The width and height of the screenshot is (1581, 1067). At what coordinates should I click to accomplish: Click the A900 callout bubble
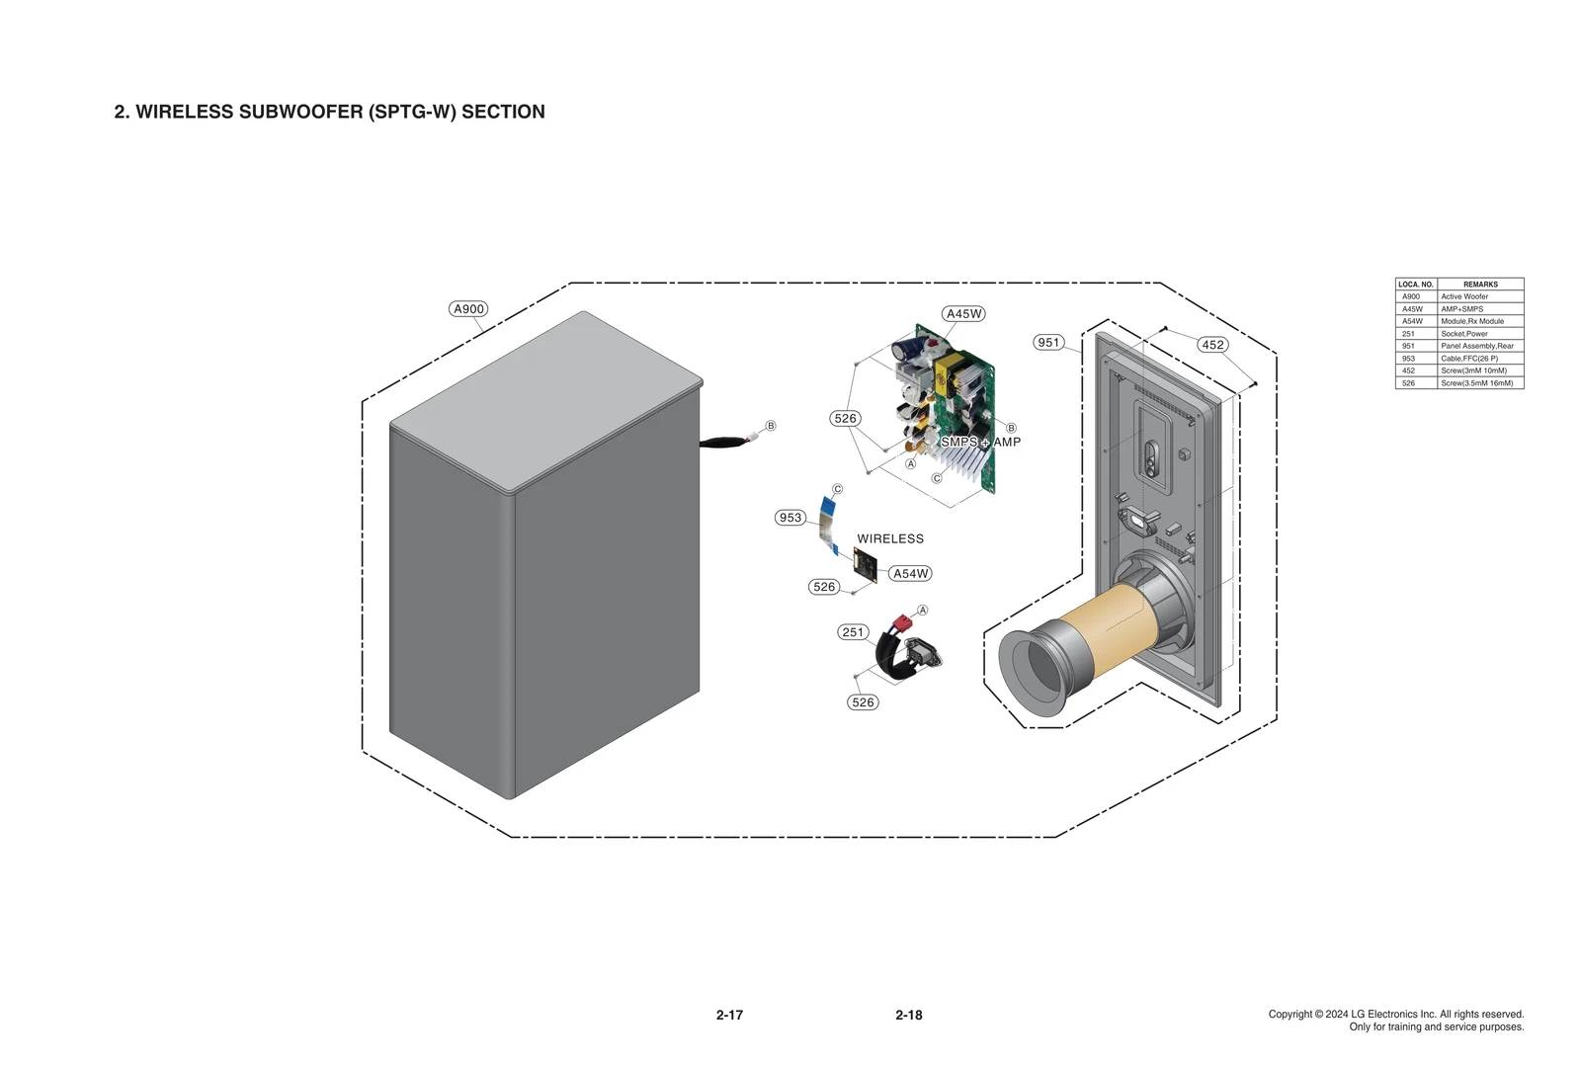click(x=468, y=309)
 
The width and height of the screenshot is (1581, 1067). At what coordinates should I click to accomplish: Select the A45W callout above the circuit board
click(x=963, y=314)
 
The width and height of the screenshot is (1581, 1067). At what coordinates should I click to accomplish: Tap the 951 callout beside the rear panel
click(x=1048, y=343)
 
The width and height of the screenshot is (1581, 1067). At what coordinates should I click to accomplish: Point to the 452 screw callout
click(x=1212, y=345)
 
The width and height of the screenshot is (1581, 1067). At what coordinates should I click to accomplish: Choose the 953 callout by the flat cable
click(x=790, y=518)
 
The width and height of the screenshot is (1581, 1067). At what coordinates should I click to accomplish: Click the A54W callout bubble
click(x=910, y=574)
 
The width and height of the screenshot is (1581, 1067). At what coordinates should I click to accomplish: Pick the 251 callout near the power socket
click(x=853, y=632)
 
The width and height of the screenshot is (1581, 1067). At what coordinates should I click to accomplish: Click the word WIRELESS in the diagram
click(x=890, y=539)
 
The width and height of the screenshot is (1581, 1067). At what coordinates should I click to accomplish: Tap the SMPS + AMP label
click(x=980, y=442)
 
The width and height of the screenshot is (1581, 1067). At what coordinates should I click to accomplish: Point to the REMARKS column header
click(x=1480, y=285)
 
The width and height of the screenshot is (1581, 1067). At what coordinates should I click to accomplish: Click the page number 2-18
click(x=909, y=1015)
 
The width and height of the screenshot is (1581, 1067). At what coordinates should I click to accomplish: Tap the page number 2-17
click(x=729, y=1015)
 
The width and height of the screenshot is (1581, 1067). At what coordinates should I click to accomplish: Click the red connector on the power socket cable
click(x=900, y=623)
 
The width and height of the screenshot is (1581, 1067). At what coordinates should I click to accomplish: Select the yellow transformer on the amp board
click(x=950, y=373)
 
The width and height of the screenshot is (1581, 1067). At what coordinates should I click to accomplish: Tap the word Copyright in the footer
click(x=1290, y=1015)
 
